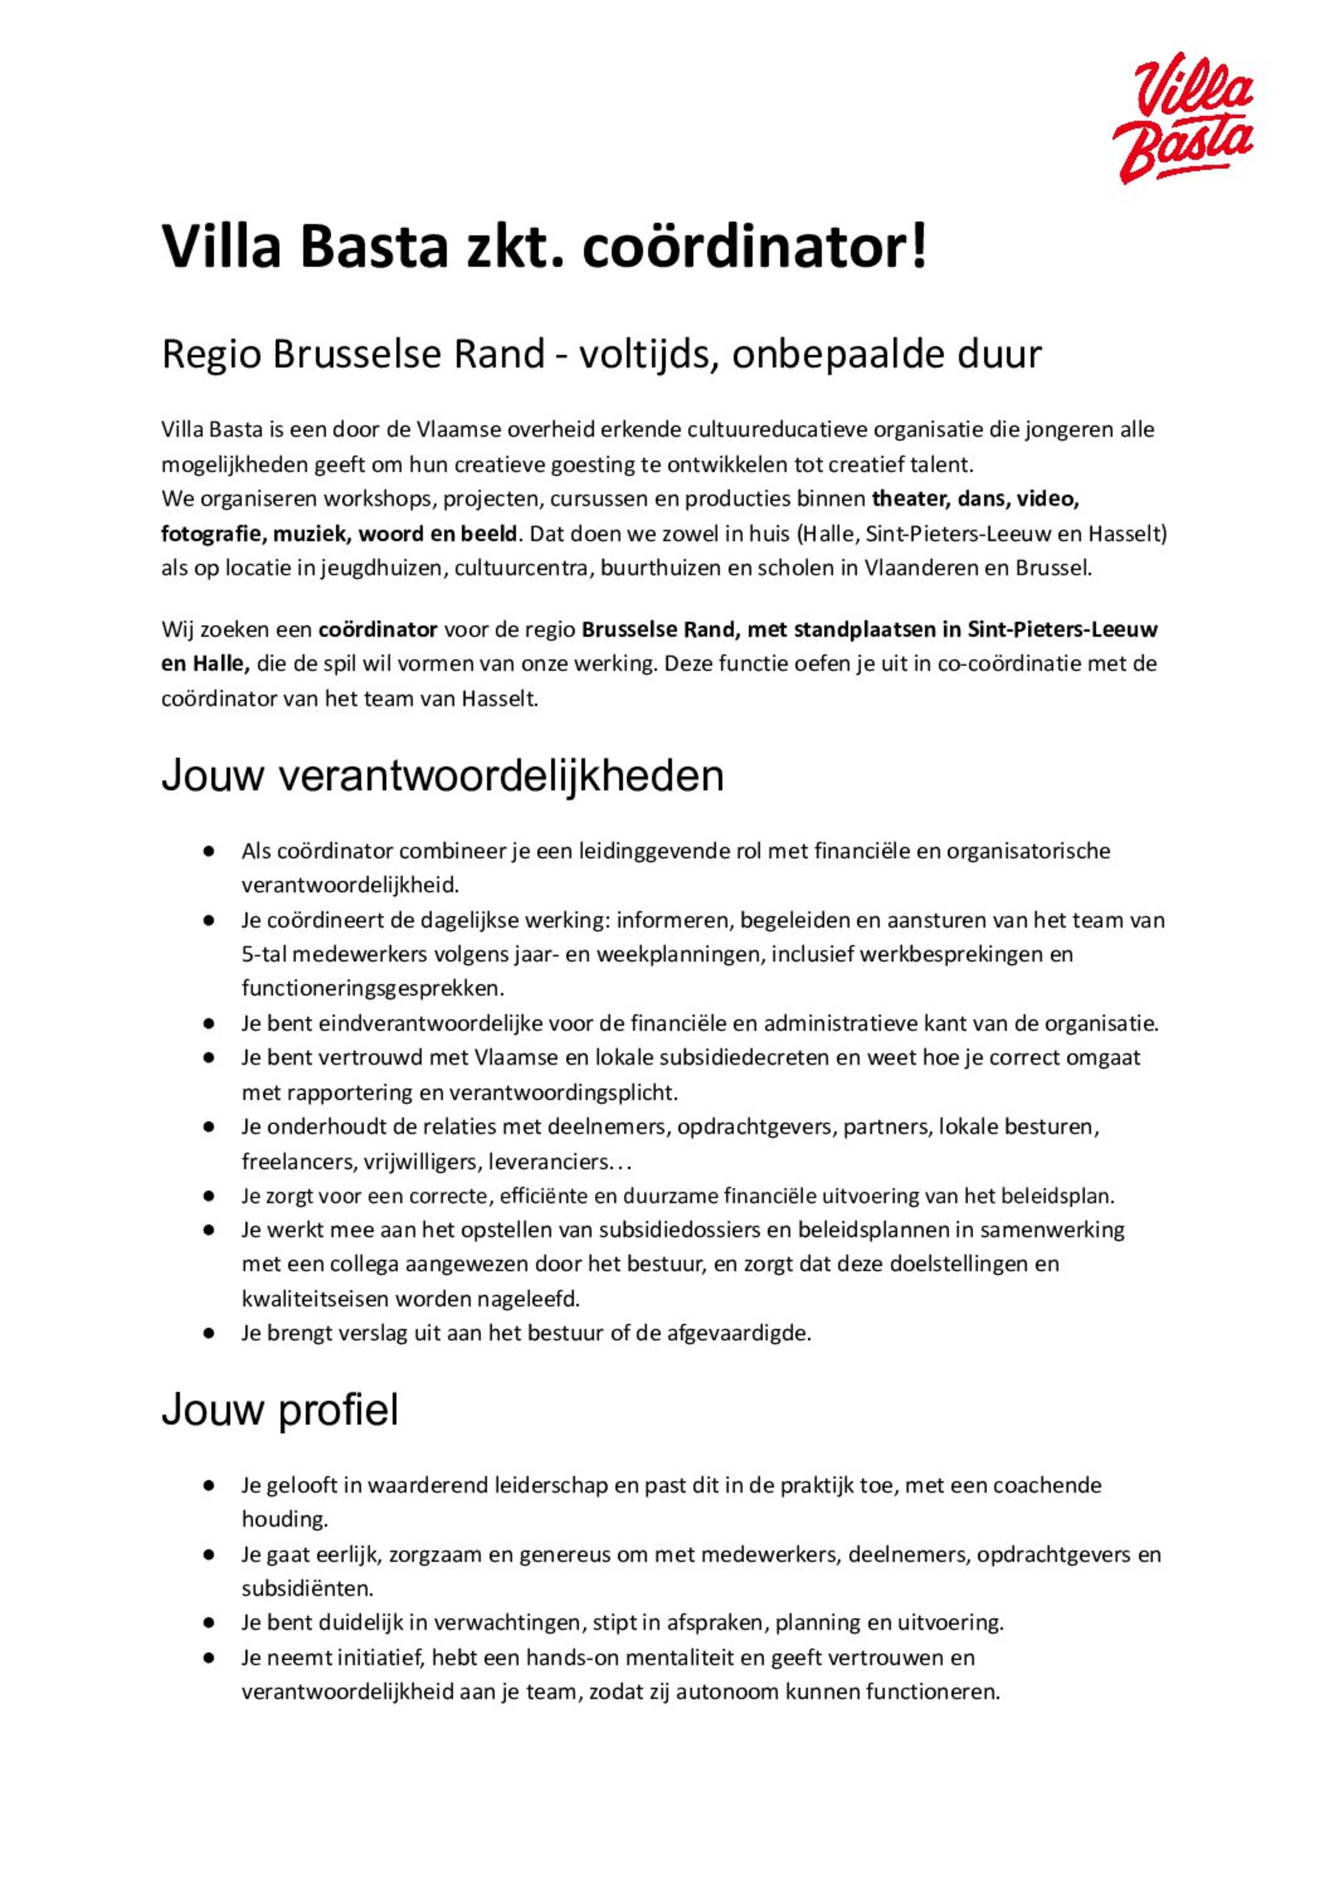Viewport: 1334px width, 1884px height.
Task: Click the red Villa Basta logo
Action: (x=1183, y=117)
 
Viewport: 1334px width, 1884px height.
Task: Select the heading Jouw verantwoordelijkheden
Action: (x=442, y=776)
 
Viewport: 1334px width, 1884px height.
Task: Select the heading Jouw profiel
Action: (x=280, y=1410)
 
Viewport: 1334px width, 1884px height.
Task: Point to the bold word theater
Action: (x=907, y=499)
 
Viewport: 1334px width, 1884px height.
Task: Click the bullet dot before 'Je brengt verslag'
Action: (x=209, y=1334)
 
